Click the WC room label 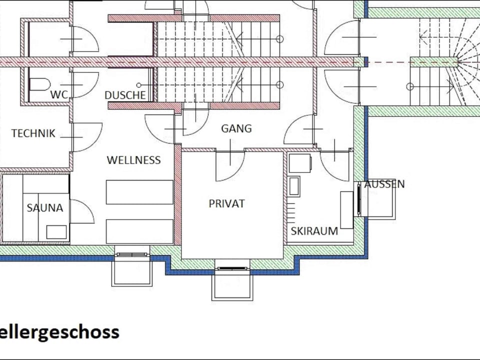point(59,94)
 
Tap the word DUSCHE point(125,95)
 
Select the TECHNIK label point(33,133)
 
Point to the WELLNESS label point(134,160)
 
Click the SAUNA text point(45,208)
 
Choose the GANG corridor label point(236,128)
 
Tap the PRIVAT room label point(227,203)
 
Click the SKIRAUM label point(314,231)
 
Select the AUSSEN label point(384,184)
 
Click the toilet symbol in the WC point(40,84)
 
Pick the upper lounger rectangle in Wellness point(139,192)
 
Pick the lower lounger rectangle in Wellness point(139,231)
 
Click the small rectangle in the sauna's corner point(56,232)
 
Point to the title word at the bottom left point(59,332)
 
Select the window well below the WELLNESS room point(131,269)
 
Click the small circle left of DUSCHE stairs point(139,85)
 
